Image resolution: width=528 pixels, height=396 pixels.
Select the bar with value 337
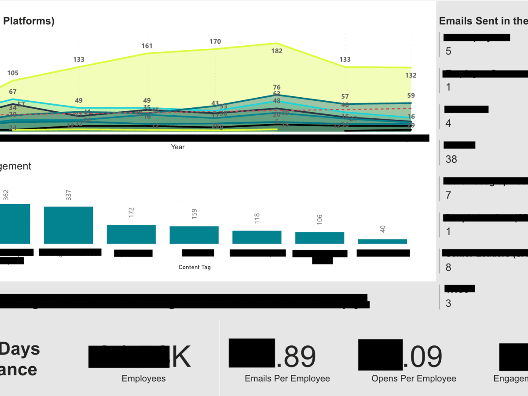click(68, 225)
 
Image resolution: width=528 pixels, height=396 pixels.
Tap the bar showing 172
click(131, 234)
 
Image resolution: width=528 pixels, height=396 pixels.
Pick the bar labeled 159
click(194, 235)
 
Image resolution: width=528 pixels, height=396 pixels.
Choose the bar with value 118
click(257, 237)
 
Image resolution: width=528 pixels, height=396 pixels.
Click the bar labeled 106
click(319, 238)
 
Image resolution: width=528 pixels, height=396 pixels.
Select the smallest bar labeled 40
click(382, 241)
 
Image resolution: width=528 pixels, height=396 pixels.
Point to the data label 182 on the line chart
click(277, 51)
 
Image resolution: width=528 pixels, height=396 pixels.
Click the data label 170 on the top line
click(215, 42)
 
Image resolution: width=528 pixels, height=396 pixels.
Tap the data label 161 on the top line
click(147, 46)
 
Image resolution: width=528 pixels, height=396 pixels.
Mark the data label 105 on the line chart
click(13, 73)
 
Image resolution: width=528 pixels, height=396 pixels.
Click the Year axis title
click(178, 147)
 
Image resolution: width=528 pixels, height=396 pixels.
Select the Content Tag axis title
click(194, 267)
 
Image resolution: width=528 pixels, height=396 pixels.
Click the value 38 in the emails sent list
click(451, 159)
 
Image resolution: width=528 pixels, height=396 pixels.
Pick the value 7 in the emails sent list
click(448, 195)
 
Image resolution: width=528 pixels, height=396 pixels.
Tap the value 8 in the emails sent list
click(448, 268)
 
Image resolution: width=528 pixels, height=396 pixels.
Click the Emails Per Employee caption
click(287, 378)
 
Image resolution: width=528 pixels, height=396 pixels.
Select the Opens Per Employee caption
click(414, 378)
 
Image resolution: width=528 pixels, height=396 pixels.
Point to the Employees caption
click(143, 378)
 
